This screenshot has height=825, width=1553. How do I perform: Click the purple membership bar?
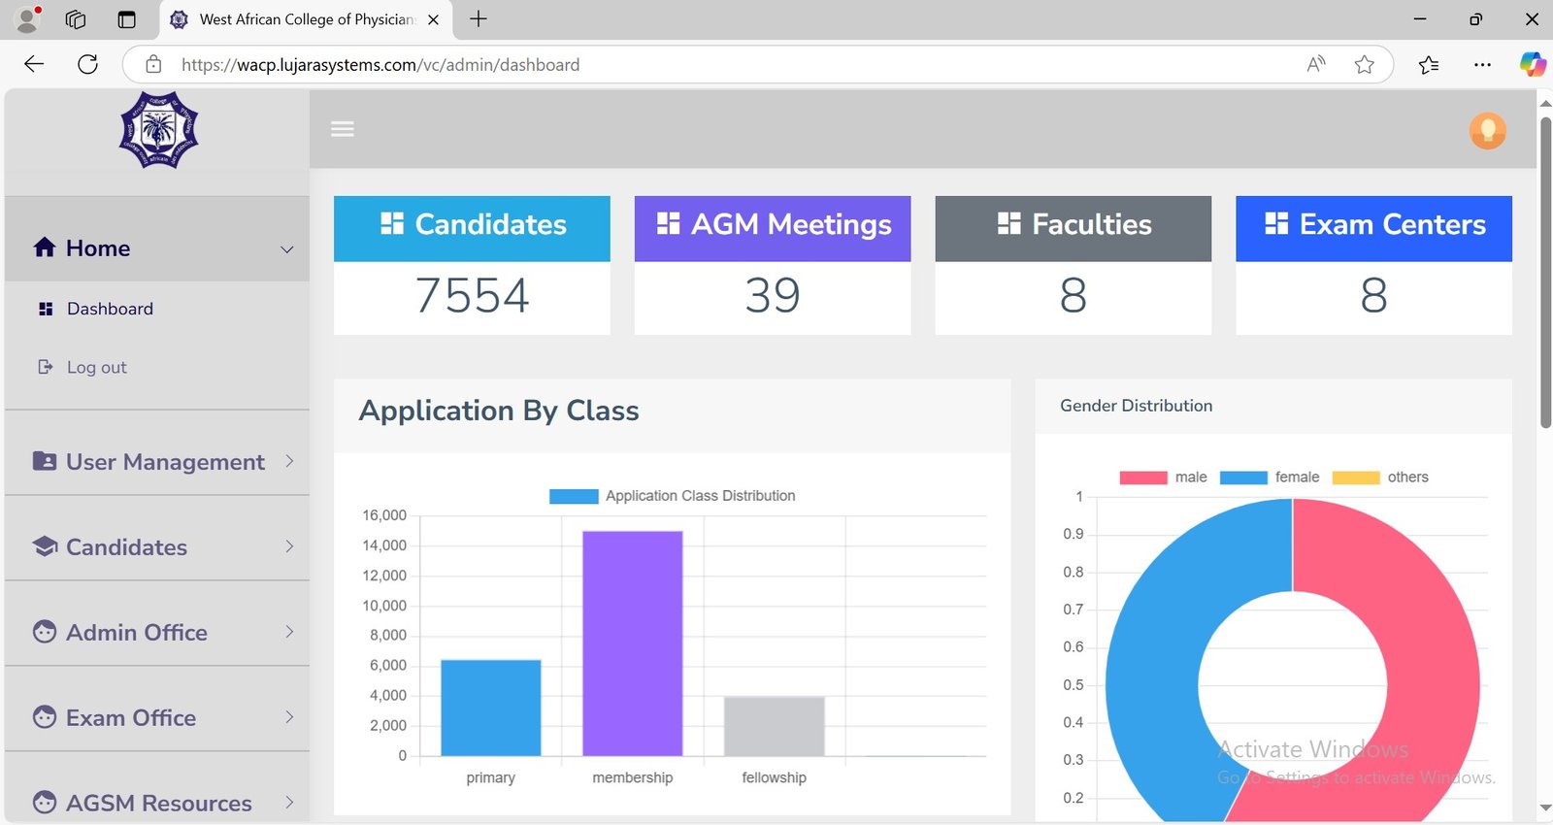point(632,643)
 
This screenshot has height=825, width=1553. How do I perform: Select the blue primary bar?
point(490,708)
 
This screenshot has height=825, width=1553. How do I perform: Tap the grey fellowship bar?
point(774,726)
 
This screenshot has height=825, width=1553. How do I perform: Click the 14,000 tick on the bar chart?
point(384,545)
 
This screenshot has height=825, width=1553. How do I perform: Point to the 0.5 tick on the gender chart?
point(1073,685)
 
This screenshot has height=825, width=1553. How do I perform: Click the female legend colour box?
point(1242,478)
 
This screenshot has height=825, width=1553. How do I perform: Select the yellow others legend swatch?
point(1355,478)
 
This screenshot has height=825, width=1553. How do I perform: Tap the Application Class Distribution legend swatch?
point(574,496)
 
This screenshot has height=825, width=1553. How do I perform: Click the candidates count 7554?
point(472,295)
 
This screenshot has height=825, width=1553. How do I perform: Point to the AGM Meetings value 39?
point(773,295)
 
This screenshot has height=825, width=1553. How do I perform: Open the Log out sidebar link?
point(96,367)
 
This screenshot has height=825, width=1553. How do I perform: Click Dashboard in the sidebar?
point(110,309)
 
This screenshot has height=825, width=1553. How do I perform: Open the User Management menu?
point(165,462)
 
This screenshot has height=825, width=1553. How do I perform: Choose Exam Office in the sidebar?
point(131,717)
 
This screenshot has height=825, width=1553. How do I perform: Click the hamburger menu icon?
point(343,129)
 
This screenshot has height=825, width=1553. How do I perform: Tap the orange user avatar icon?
point(1487,130)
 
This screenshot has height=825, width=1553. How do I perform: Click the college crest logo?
point(158,130)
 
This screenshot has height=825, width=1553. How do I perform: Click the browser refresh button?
point(87,65)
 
